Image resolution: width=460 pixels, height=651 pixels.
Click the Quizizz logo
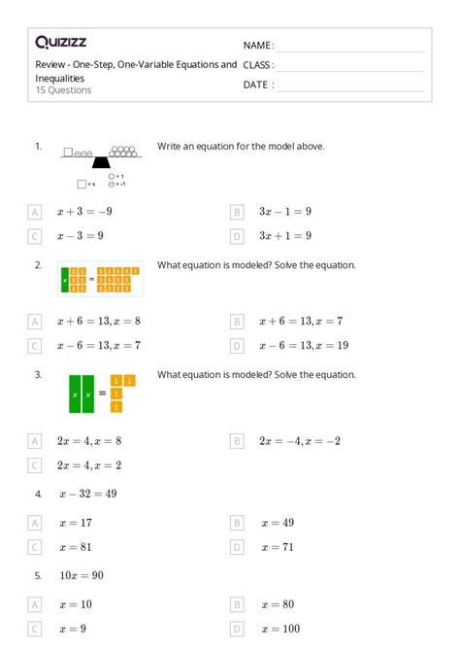pos(59,42)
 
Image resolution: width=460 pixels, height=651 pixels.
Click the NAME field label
pos(258,46)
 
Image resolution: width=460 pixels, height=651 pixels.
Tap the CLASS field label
pos(259,65)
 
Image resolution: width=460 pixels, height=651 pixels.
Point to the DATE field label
pos(258,85)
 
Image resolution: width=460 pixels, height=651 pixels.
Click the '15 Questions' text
pos(63,90)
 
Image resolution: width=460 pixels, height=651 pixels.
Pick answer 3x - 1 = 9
pos(284,211)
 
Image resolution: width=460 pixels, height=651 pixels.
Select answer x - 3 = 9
pos(81,236)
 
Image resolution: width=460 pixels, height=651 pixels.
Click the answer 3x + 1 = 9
pos(284,236)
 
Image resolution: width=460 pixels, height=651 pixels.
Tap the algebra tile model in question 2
pos(101,279)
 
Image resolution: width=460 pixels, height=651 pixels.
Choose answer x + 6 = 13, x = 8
pos(99,321)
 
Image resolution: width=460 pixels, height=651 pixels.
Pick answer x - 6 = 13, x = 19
pos(303,345)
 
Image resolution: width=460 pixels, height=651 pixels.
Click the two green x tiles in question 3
pos(81,394)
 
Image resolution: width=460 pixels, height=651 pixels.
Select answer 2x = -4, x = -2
pos(299,440)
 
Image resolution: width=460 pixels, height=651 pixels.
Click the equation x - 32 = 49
pos(87,494)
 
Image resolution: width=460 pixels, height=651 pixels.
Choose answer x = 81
pos(77,547)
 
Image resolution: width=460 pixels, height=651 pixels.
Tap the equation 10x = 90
pos(82,575)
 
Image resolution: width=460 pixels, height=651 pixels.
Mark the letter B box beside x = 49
pos(236,523)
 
